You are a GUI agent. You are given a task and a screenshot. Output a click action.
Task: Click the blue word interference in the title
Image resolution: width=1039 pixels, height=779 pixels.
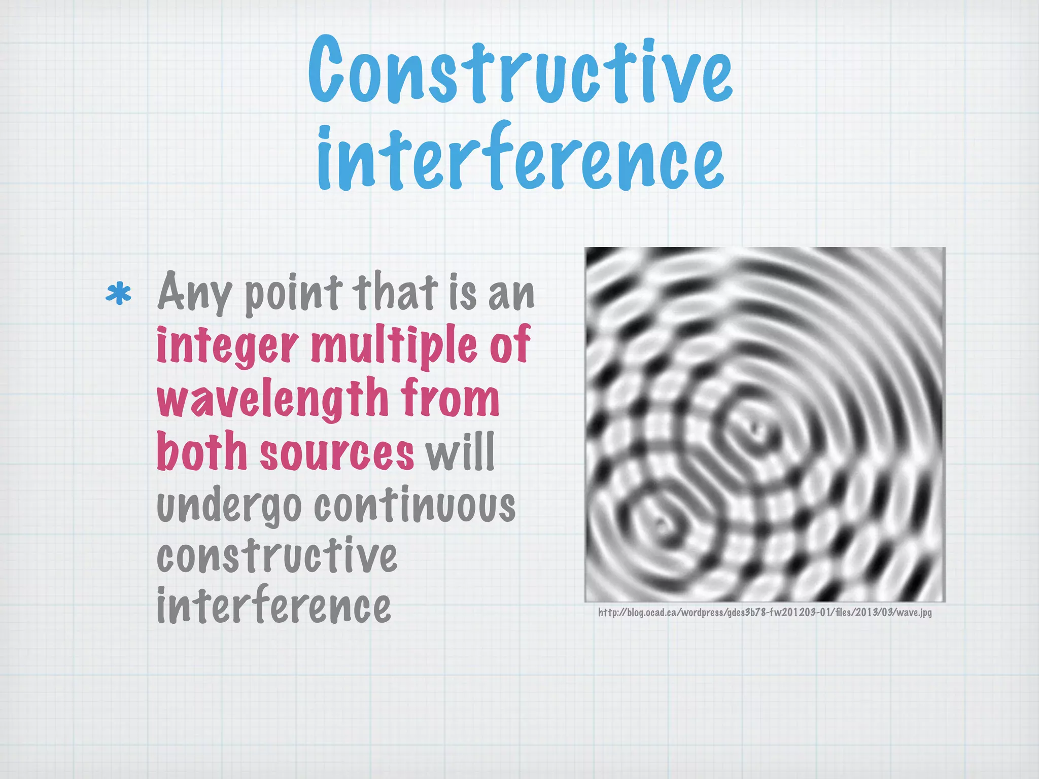coord(520,156)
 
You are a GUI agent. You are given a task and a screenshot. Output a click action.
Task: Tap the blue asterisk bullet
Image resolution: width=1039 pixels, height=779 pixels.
coord(119,295)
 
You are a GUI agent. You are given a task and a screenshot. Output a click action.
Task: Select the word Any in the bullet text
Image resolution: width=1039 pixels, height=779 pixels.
coord(194,294)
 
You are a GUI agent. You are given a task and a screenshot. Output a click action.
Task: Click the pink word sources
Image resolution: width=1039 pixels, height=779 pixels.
coord(337,453)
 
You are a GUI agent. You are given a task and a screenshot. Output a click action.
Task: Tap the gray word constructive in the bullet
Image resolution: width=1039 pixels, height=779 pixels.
coord(277,556)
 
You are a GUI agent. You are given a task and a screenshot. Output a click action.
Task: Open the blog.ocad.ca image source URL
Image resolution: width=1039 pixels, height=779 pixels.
coord(765,613)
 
